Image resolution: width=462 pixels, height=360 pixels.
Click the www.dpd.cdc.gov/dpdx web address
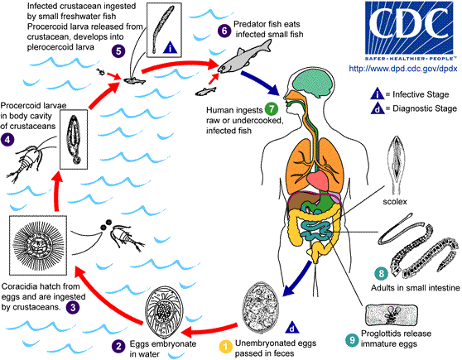(x=398, y=61)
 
